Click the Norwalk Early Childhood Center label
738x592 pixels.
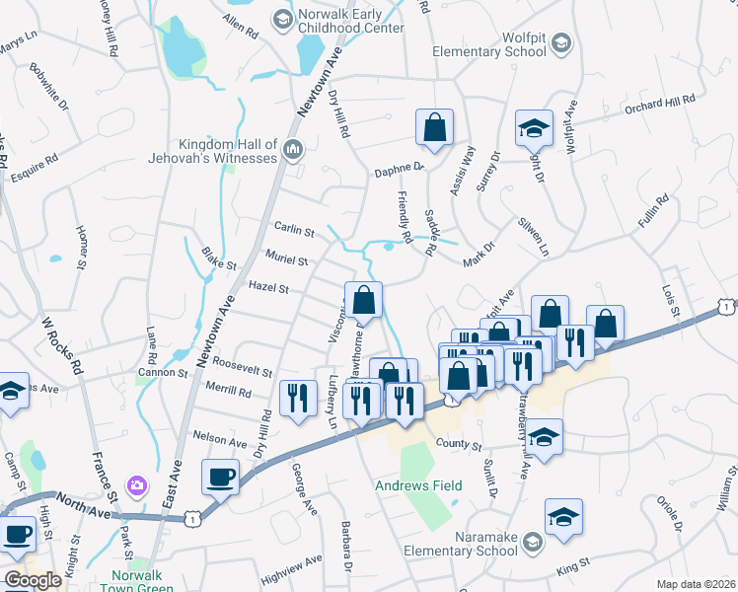tap(351, 22)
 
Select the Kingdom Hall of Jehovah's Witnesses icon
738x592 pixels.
tap(293, 149)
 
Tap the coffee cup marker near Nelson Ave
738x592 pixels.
tap(221, 478)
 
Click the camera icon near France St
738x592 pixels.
tap(136, 485)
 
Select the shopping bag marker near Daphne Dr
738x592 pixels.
tap(434, 127)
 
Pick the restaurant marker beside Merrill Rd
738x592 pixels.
tap(297, 398)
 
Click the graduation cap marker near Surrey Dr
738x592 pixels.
tap(534, 127)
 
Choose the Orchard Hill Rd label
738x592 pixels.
tap(660, 102)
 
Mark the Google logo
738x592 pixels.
tap(33, 580)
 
